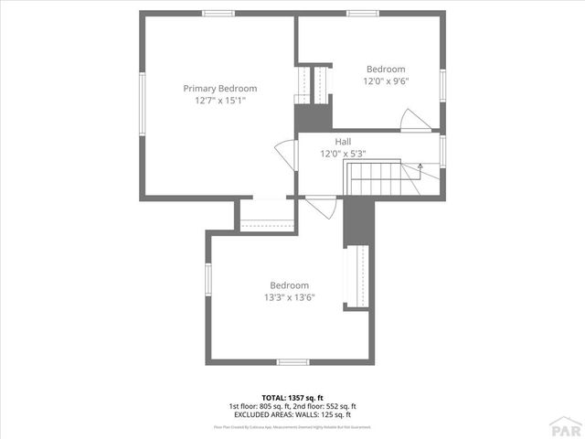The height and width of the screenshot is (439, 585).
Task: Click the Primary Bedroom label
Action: click(x=219, y=89)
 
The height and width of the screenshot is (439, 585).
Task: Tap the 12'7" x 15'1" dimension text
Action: click(x=219, y=101)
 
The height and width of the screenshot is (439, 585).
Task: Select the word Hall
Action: click(x=343, y=142)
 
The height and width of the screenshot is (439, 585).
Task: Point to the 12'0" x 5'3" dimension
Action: click(x=343, y=154)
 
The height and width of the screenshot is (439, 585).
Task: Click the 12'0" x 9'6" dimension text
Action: click(x=386, y=80)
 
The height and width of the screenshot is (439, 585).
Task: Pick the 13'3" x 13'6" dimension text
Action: click(x=289, y=296)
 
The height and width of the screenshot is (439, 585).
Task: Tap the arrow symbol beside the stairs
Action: click(x=420, y=166)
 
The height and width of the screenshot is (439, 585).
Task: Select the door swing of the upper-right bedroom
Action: click(x=410, y=120)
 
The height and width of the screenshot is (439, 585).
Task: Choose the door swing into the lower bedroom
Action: click(x=317, y=207)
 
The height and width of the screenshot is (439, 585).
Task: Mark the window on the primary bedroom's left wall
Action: click(x=141, y=103)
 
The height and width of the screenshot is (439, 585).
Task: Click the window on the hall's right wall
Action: click(x=443, y=150)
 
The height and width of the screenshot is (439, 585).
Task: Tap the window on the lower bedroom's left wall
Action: click(x=209, y=278)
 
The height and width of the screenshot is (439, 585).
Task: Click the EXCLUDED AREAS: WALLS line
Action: click(x=292, y=414)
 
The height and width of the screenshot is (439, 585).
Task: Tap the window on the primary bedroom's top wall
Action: click(x=218, y=13)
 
